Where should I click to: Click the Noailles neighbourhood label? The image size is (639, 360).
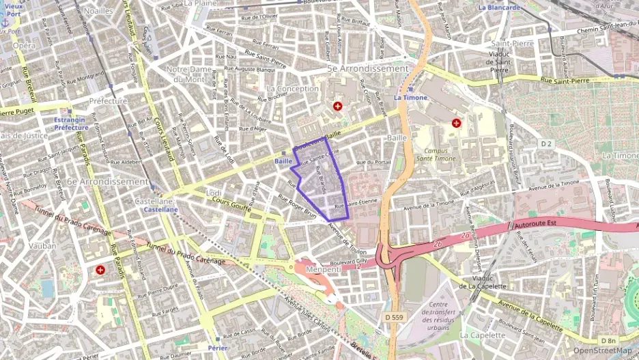99,11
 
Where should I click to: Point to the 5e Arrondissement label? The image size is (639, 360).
368,69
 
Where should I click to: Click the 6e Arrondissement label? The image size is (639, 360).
108,182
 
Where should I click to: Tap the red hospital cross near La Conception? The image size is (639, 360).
337,107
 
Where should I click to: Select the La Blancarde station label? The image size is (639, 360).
499,8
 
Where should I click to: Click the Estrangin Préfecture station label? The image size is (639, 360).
71,124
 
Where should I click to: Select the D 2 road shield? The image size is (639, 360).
545,143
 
